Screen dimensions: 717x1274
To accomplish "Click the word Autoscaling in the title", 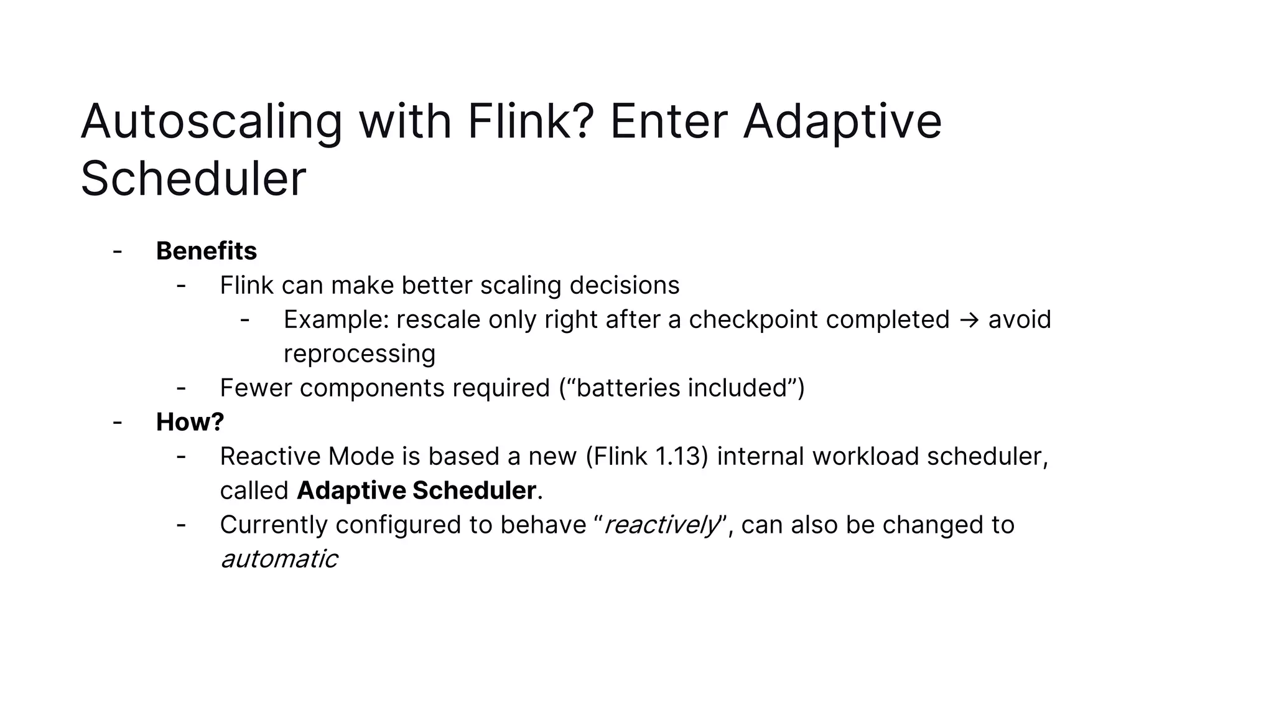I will [212, 122].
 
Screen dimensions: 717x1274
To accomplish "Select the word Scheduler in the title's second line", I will [193, 179].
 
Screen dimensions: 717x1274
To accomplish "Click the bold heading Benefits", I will [206, 251].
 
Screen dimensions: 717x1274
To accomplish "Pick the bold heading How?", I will [190, 422].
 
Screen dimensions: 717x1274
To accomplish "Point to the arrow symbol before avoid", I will [969, 320].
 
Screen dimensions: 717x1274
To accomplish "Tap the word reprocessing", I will [360, 354].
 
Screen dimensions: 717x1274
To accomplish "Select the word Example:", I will [336, 320].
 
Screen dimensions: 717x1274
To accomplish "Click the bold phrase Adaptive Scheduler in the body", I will [416, 490].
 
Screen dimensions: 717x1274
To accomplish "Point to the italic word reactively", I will [661, 525].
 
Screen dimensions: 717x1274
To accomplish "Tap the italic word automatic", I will [279, 559].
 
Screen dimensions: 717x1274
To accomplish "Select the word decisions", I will [624, 286].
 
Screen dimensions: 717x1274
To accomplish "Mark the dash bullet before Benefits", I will [117, 251].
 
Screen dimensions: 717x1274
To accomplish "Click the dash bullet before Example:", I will [244, 320].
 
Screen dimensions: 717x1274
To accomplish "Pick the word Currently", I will [273, 525].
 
